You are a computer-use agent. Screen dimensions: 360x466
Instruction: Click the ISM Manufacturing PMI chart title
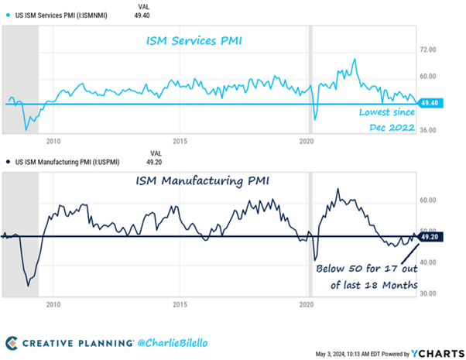[x=207, y=182]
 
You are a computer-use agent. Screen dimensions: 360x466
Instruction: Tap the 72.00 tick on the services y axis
[x=428, y=49]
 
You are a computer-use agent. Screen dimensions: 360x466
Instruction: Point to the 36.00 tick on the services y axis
[x=428, y=129]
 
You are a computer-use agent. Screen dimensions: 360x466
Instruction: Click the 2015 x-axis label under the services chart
[x=180, y=141]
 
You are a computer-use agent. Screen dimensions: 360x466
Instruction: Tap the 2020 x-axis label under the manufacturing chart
[x=307, y=304]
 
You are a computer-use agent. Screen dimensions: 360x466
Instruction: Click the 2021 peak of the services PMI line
[x=355, y=59]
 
